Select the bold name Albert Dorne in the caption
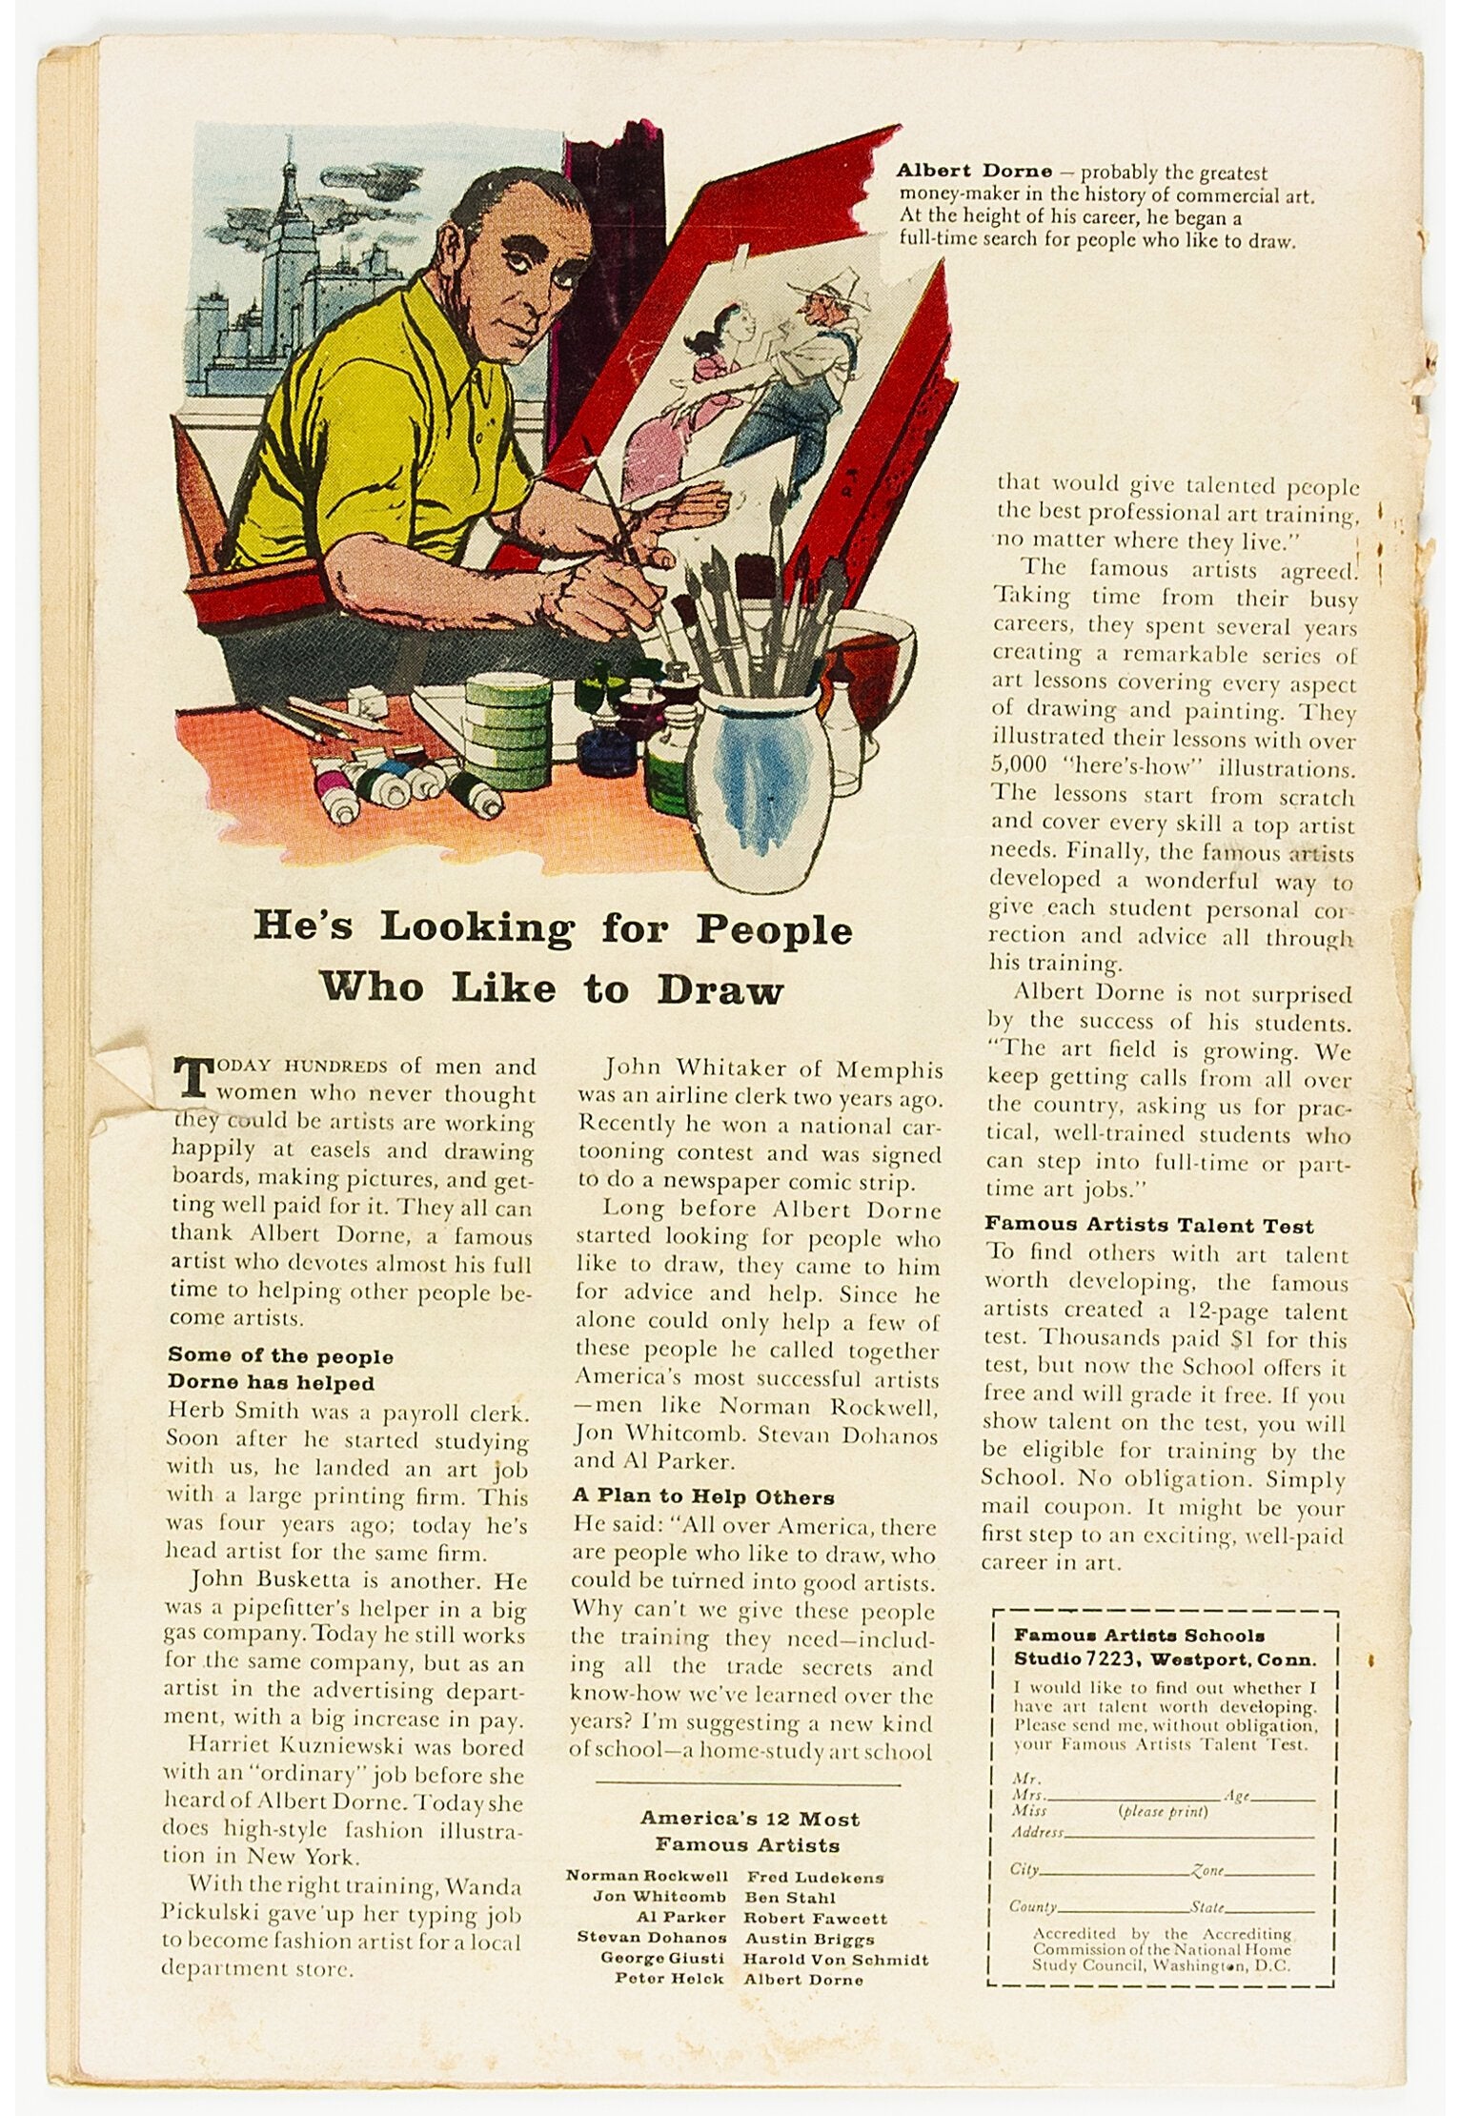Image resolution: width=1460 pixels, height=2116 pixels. click(974, 173)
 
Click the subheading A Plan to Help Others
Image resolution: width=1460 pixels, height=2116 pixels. click(703, 1496)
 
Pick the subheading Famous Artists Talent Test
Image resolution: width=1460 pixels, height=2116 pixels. click(1148, 1225)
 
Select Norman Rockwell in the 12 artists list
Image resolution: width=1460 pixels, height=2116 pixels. click(647, 1876)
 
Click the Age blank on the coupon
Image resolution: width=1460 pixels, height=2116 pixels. click(1282, 1798)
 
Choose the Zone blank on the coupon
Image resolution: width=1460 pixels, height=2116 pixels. click(1258, 1871)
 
